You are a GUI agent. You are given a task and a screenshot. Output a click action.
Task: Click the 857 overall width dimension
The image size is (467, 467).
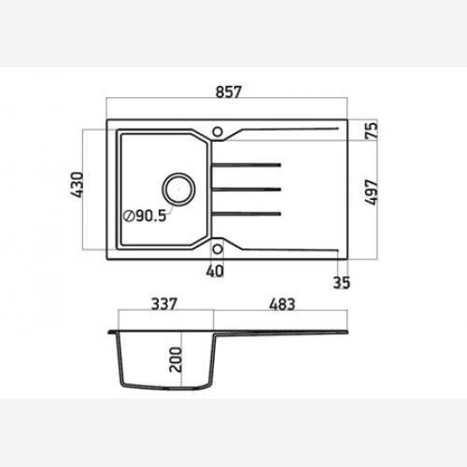229,92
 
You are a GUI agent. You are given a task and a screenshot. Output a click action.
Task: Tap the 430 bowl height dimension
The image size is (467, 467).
77,185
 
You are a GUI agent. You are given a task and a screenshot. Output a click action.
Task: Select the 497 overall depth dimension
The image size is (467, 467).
371,192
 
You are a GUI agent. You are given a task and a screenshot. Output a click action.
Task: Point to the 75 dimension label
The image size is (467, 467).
371,131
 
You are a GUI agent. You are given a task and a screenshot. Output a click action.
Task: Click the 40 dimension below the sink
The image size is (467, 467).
215,271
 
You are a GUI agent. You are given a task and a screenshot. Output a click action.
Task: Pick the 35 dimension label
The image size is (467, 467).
342,282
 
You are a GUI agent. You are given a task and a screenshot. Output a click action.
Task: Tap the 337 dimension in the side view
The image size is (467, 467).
164,304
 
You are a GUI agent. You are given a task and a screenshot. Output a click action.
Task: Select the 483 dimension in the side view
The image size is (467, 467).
282,304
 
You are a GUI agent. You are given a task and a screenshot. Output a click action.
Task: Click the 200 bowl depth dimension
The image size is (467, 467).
176,360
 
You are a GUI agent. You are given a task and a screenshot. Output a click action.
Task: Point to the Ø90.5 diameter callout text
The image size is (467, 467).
145,216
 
